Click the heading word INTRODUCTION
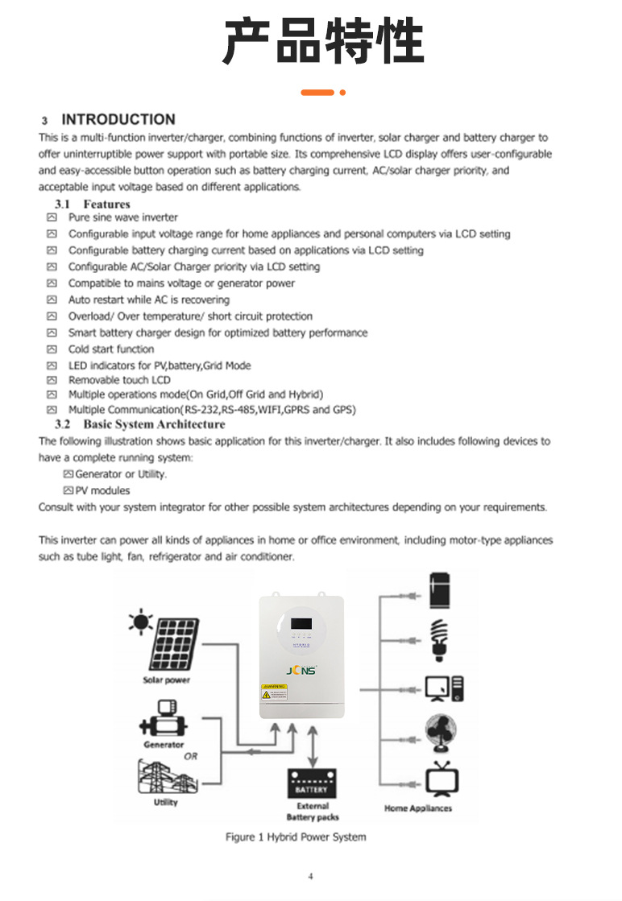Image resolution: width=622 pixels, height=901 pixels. click(x=118, y=120)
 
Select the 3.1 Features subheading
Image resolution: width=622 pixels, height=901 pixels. click(x=92, y=204)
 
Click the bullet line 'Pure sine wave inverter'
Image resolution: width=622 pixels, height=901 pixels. click(x=122, y=217)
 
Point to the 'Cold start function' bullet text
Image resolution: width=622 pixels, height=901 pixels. click(x=110, y=349)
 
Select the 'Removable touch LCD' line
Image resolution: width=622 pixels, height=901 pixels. click(x=119, y=380)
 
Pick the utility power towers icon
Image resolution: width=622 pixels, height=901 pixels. click(x=165, y=779)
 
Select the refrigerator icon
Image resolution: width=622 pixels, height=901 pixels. click(x=439, y=589)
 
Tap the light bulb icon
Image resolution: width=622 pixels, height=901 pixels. click(x=439, y=639)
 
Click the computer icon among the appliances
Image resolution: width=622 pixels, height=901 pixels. click(x=444, y=688)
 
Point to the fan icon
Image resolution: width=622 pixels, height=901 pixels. click(x=441, y=733)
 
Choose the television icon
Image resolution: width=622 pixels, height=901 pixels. click(x=442, y=779)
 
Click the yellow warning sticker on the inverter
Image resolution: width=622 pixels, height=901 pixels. click(x=274, y=691)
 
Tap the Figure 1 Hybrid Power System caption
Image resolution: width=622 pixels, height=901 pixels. click(x=296, y=837)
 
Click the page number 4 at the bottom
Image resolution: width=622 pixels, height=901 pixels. click(x=310, y=877)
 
